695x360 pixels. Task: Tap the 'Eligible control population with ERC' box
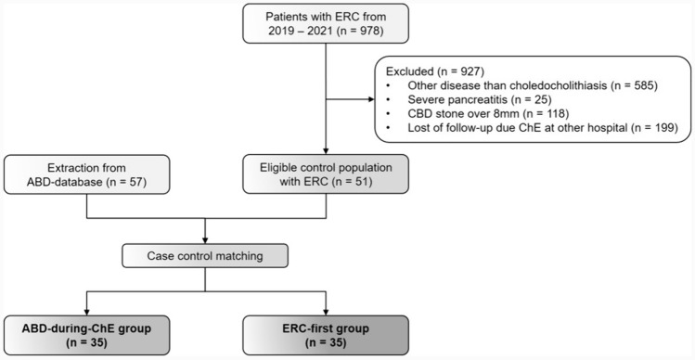click(326, 174)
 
